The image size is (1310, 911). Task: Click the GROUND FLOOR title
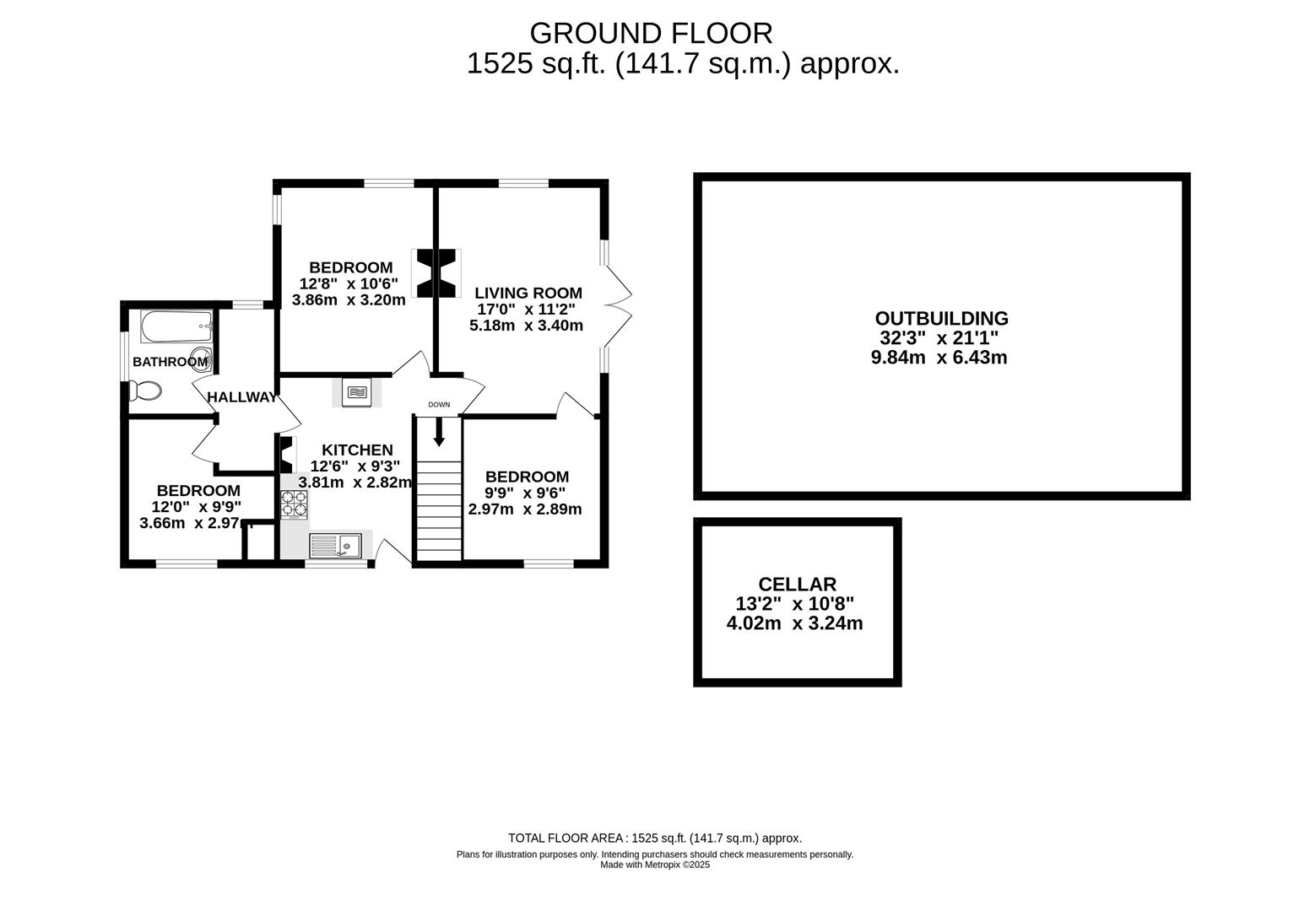[x=651, y=33]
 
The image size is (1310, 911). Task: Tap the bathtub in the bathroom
[x=176, y=326]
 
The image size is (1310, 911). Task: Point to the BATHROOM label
[x=170, y=362]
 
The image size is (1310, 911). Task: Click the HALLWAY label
[x=241, y=397]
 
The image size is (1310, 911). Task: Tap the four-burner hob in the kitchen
[x=295, y=504]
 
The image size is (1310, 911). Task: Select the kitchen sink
[x=335, y=546]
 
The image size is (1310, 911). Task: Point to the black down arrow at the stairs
[x=439, y=431]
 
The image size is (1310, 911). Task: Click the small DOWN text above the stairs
[x=439, y=405]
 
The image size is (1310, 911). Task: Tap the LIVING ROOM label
[x=528, y=294]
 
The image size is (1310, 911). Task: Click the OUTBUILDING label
[x=941, y=319]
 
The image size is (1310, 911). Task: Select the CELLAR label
[x=797, y=585]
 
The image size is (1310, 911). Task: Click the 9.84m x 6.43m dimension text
[x=939, y=358]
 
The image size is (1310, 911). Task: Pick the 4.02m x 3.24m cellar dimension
[x=794, y=624]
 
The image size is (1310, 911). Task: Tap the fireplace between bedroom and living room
[x=436, y=272]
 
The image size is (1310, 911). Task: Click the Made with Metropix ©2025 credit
[x=655, y=865]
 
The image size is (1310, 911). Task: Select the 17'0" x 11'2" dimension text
[x=526, y=310]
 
